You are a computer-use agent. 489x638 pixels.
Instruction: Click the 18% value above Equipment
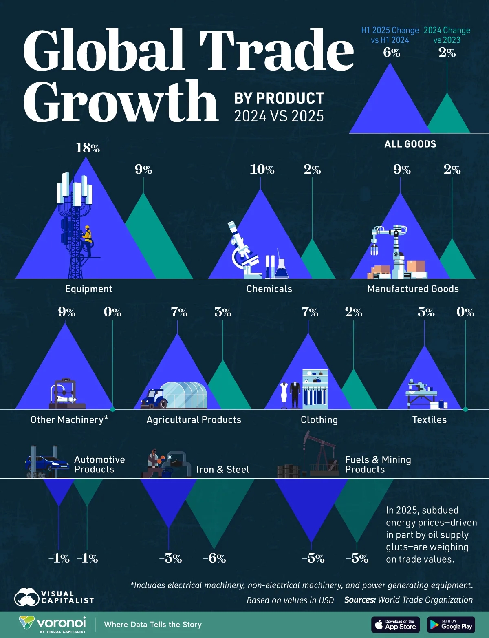pyautogui.click(x=87, y=148)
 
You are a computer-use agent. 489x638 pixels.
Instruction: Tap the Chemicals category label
pyautogui.click(x=269, y=289)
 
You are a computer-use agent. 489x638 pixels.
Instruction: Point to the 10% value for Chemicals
pyautogui.click(x=262, y=169)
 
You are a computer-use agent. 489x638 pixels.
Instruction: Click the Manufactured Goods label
pyautogui.click(x=413, y=289)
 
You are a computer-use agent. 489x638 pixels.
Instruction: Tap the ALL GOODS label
pyautogui.click(x=410, y=144)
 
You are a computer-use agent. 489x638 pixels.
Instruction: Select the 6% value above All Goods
pyautogui.click(x=391, y=53)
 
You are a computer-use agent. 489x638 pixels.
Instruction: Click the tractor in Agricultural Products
pyautogui.click(x=154, y=399)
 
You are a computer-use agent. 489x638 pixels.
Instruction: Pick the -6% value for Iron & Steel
pyautogui.click(x=214, y=558)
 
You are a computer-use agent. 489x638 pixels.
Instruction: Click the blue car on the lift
pyautogui.click(x=47, y=463)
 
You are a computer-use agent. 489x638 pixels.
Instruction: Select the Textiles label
pyautogui.click(x=429, y=420)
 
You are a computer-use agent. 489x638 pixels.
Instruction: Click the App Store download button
pyautogui.click(x=395, y=625)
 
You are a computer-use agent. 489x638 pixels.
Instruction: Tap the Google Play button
pyautogui.click(x=451, y=625)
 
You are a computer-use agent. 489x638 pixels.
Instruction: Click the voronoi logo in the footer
pyautogui.click(x=53, y=624)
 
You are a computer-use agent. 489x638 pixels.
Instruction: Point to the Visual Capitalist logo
pyautogui.click(x=54, y=597)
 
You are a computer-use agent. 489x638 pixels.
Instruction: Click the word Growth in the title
pyautogui.click(x=121, y=102)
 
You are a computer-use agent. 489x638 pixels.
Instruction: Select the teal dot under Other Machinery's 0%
pyautogui.click(x=113, y=409)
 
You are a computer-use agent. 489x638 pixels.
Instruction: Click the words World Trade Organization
pyautogui.click(x=425, y=600)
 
